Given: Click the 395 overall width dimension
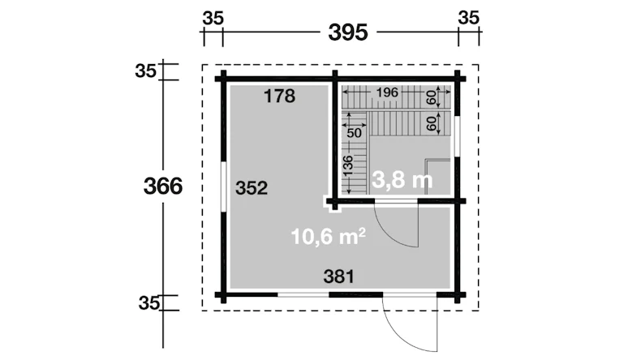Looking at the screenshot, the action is coord(348,32).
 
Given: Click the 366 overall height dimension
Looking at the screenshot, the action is coord(163,186).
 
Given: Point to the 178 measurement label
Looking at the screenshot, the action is coord(280,96).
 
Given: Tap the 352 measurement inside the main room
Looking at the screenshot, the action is coord(252,188).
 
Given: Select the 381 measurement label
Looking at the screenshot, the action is coord(339,276).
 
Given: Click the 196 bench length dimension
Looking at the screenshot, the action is coord(387,92).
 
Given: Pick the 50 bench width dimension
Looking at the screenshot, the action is coord(354,133).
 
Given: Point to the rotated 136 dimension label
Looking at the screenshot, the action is coord(348,165).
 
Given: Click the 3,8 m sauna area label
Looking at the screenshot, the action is coord(402,180).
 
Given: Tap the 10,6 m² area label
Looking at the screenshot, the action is coord(329,236).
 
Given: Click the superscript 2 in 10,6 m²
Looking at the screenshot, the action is coord(362,231).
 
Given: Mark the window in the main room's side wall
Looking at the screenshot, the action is coord(223,186).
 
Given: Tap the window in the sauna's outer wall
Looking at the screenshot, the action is coord(458,136).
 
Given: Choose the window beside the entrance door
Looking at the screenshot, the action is coord(303,294).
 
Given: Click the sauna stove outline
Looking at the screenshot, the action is coord(438,177).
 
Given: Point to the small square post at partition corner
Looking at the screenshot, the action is coord(332,203).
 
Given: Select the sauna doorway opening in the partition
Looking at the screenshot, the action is coord(396,200).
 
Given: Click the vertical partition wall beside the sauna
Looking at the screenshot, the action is coord(335,137).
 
